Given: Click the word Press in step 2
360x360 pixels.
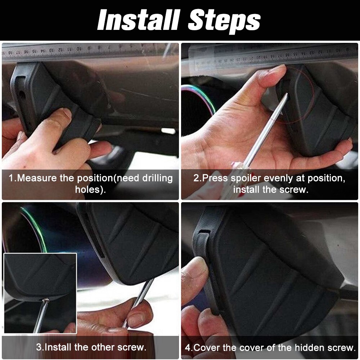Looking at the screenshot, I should (x=215, y=178).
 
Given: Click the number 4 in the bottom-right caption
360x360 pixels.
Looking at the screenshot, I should (x=188, y=348).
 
